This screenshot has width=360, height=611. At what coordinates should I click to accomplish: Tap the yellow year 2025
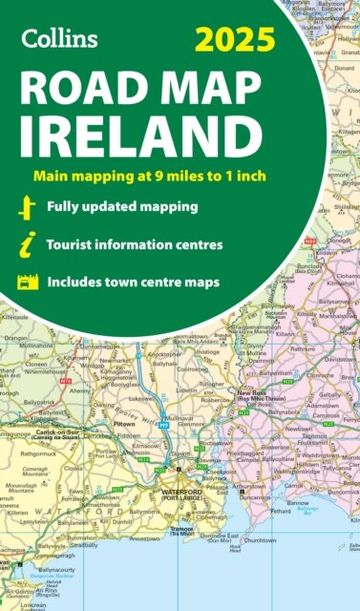[235, 40]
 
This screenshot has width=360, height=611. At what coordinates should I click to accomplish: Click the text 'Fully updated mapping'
[130, 207]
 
